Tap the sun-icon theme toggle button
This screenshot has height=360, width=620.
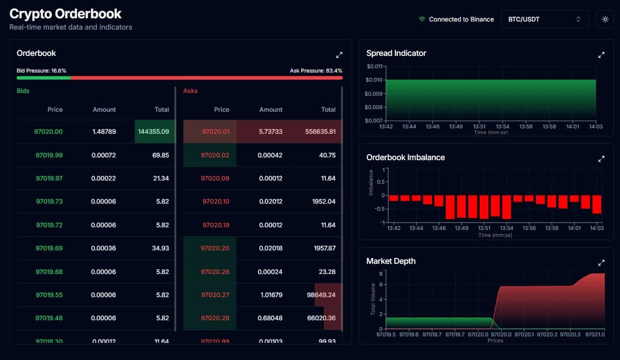click(x=605, y=19)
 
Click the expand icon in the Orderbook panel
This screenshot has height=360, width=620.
click(x=339, y=55)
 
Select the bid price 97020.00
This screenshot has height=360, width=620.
click(x=49, y=132)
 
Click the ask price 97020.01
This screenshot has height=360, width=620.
click(x=215, y=132)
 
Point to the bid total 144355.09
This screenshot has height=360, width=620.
click(x=154, y=132)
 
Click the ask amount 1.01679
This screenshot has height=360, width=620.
click(x=270, y=295)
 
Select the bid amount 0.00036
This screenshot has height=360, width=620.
click(x=104, y=248)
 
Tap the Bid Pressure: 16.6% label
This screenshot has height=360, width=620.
click(x=41, y=70)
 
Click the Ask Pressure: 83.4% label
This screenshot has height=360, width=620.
click(x=316, y=70)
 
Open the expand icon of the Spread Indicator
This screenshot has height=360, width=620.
click(x=601, y=55)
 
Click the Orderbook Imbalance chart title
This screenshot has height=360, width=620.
click(x=405, y=157)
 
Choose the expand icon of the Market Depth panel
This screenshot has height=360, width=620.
click(x=601, y=263)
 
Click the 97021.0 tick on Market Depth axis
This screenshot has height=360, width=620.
click(x=596, y=334)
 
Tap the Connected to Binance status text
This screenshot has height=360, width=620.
click(x=461, y=19)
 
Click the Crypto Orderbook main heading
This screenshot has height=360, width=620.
click(x=66, y=14)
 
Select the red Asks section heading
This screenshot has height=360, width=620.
click(x=190, y=91)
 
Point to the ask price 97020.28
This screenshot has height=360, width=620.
click(x=215, y=318)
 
